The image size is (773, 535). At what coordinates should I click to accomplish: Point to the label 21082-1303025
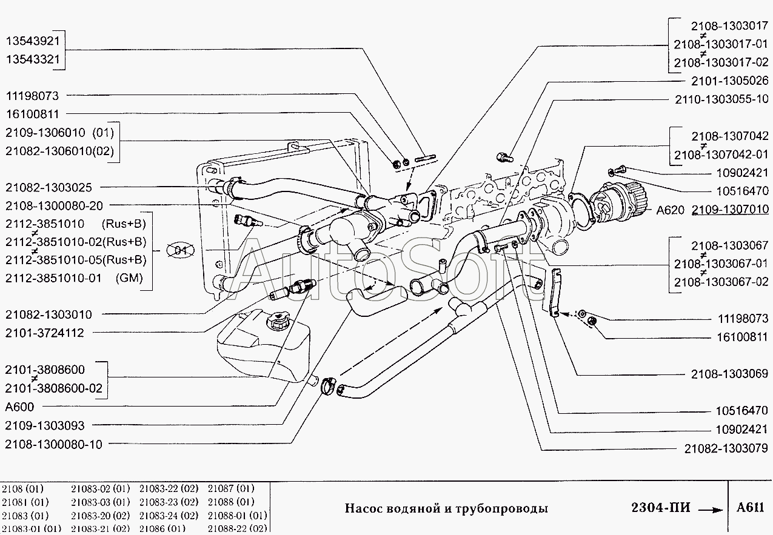[49, 187]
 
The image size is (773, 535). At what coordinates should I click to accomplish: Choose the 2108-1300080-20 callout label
[54, 205]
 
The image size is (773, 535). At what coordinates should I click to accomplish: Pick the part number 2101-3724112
[45, 333]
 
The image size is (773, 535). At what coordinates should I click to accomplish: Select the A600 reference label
[19, 407]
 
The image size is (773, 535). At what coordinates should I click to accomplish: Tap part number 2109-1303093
[45, 425]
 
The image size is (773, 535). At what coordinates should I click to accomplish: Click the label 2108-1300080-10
[54, 444]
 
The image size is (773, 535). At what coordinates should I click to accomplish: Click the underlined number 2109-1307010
[730, 210]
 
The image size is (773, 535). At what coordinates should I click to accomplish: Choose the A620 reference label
[670, 210]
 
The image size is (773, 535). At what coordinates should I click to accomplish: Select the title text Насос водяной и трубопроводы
[446, 508]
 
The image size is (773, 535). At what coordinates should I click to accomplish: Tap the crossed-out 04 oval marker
[179, 251]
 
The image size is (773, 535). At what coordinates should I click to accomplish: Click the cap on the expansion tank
[279, 320]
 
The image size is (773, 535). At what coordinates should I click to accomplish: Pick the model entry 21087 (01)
[231, 488]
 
